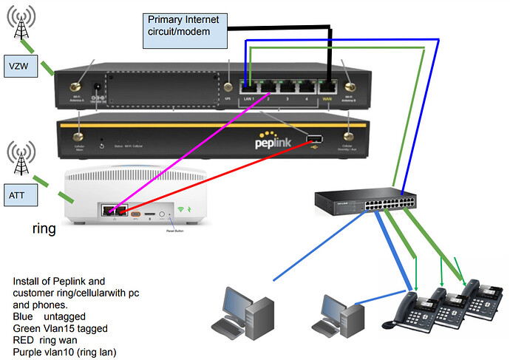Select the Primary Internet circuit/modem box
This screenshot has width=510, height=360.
tap(185, 28)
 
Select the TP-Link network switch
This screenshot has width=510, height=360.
tap(363, 200)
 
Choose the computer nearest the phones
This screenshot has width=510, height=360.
tap(339, 314)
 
